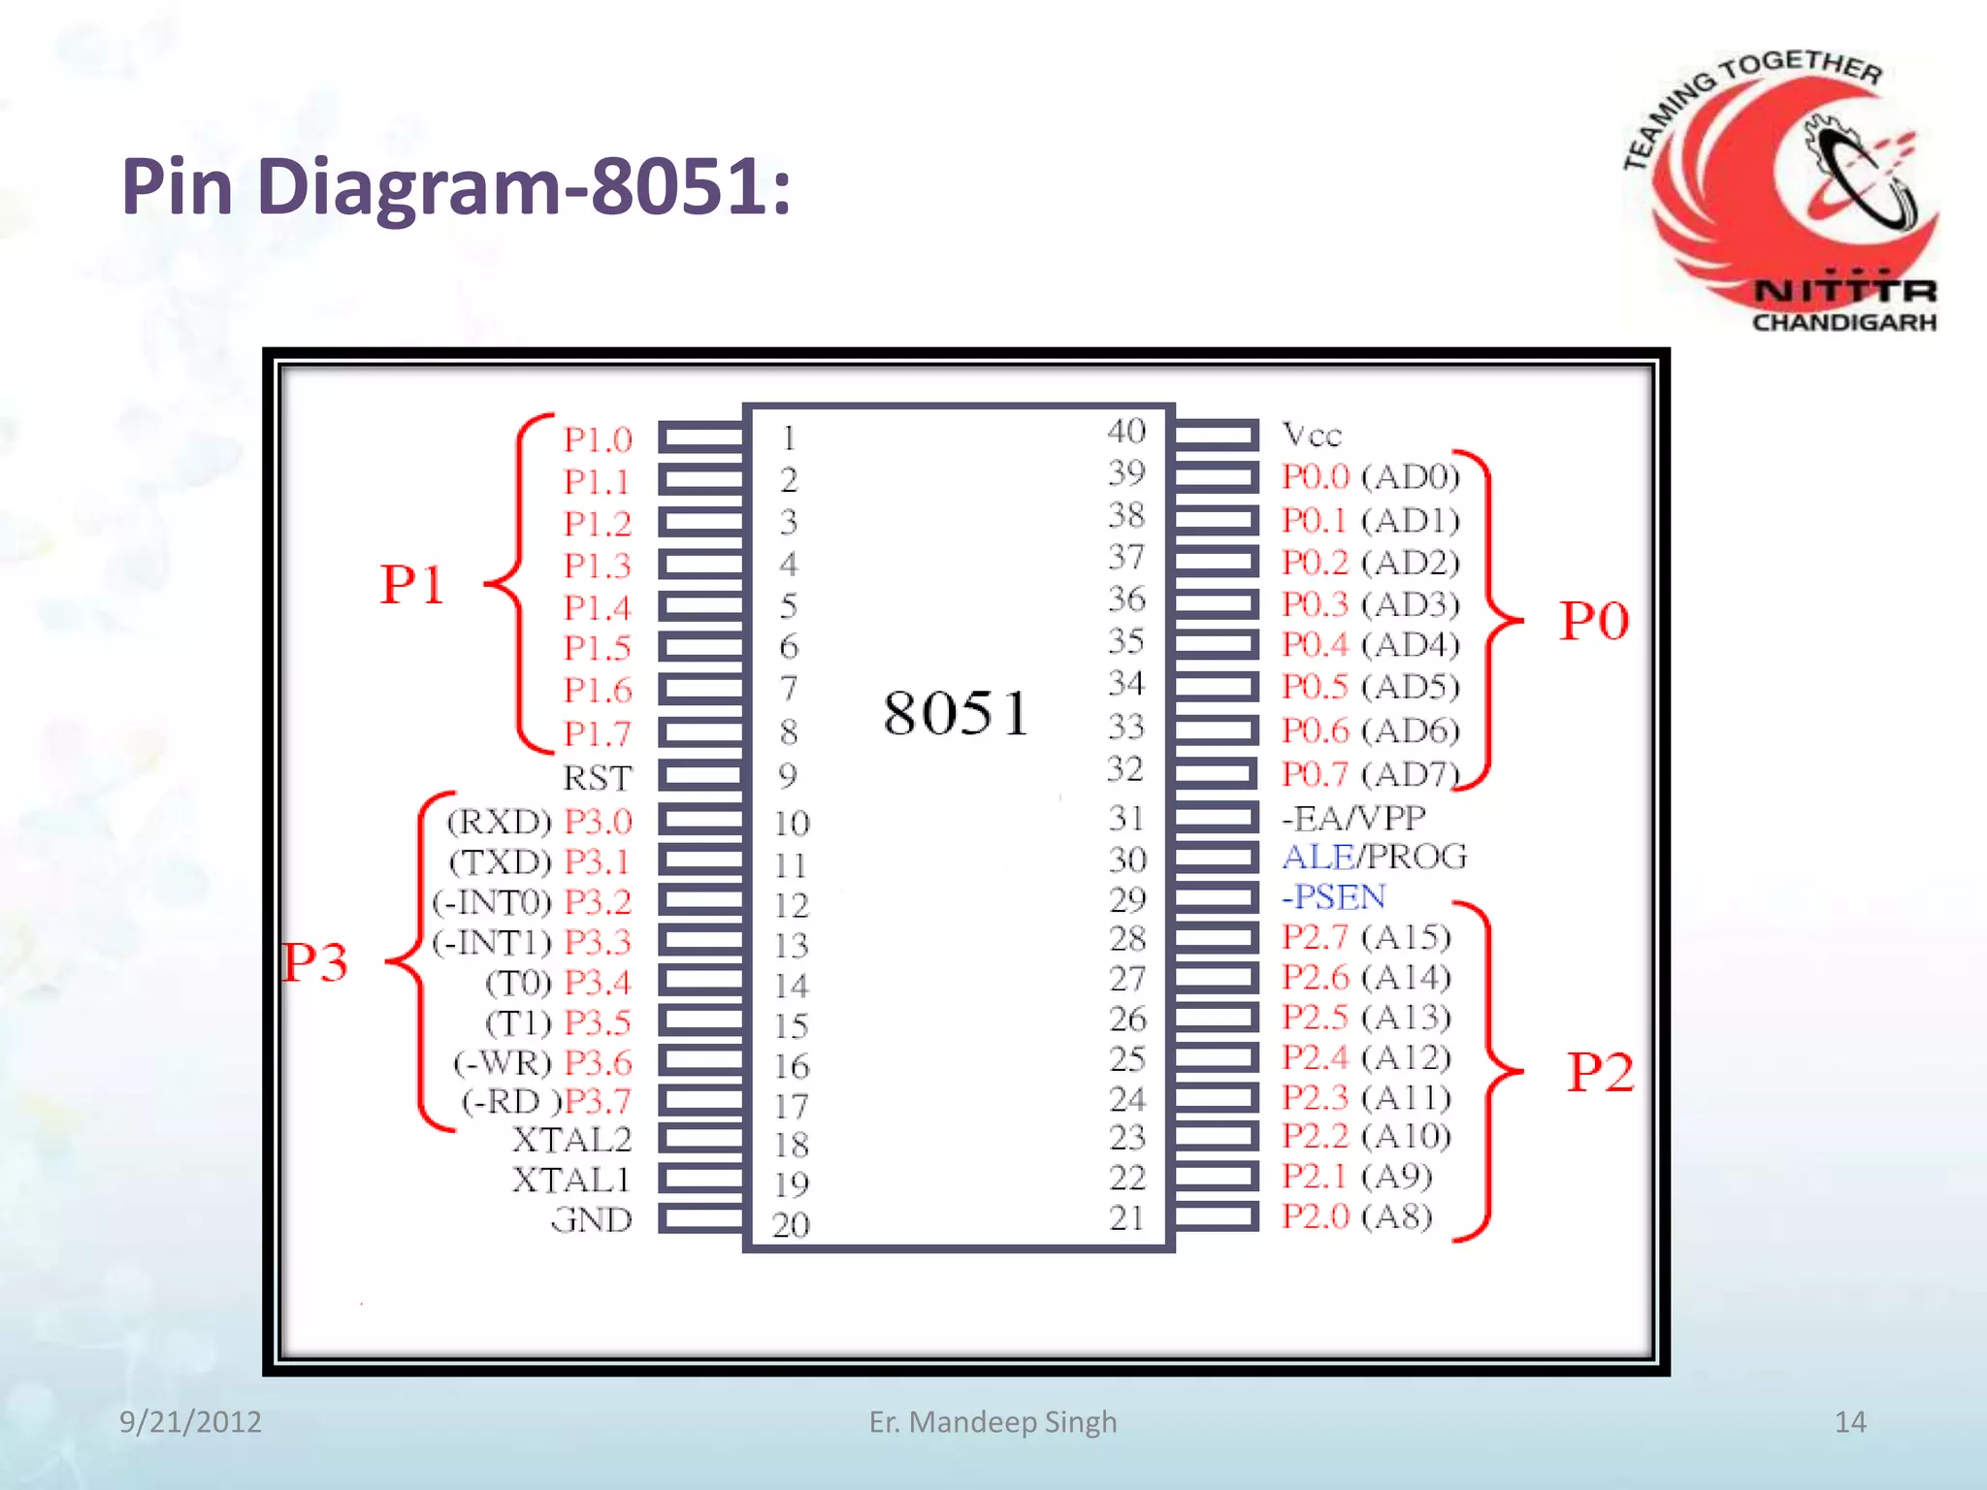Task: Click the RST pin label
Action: [597, 778]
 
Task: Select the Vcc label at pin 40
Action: [1312, 435]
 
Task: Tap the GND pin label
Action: [592, 1219]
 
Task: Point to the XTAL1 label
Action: [571, 1180]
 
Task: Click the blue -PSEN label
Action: [1334, 896]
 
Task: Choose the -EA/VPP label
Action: [1354, 818]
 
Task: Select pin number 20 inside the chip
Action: [791, 1224]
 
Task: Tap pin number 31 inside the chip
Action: [1126, 818]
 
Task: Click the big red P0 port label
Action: [1594, 621]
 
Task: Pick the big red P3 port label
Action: [315, 962]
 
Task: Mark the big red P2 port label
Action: [1601, 1072]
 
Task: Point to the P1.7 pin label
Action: [598, 733]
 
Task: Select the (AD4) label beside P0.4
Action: [1411, 644]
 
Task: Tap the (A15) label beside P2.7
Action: [1406, 937]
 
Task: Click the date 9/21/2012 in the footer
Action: [190, 1421]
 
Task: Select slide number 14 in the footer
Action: [1850, 1421]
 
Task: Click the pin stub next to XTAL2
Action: [700, 1139]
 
